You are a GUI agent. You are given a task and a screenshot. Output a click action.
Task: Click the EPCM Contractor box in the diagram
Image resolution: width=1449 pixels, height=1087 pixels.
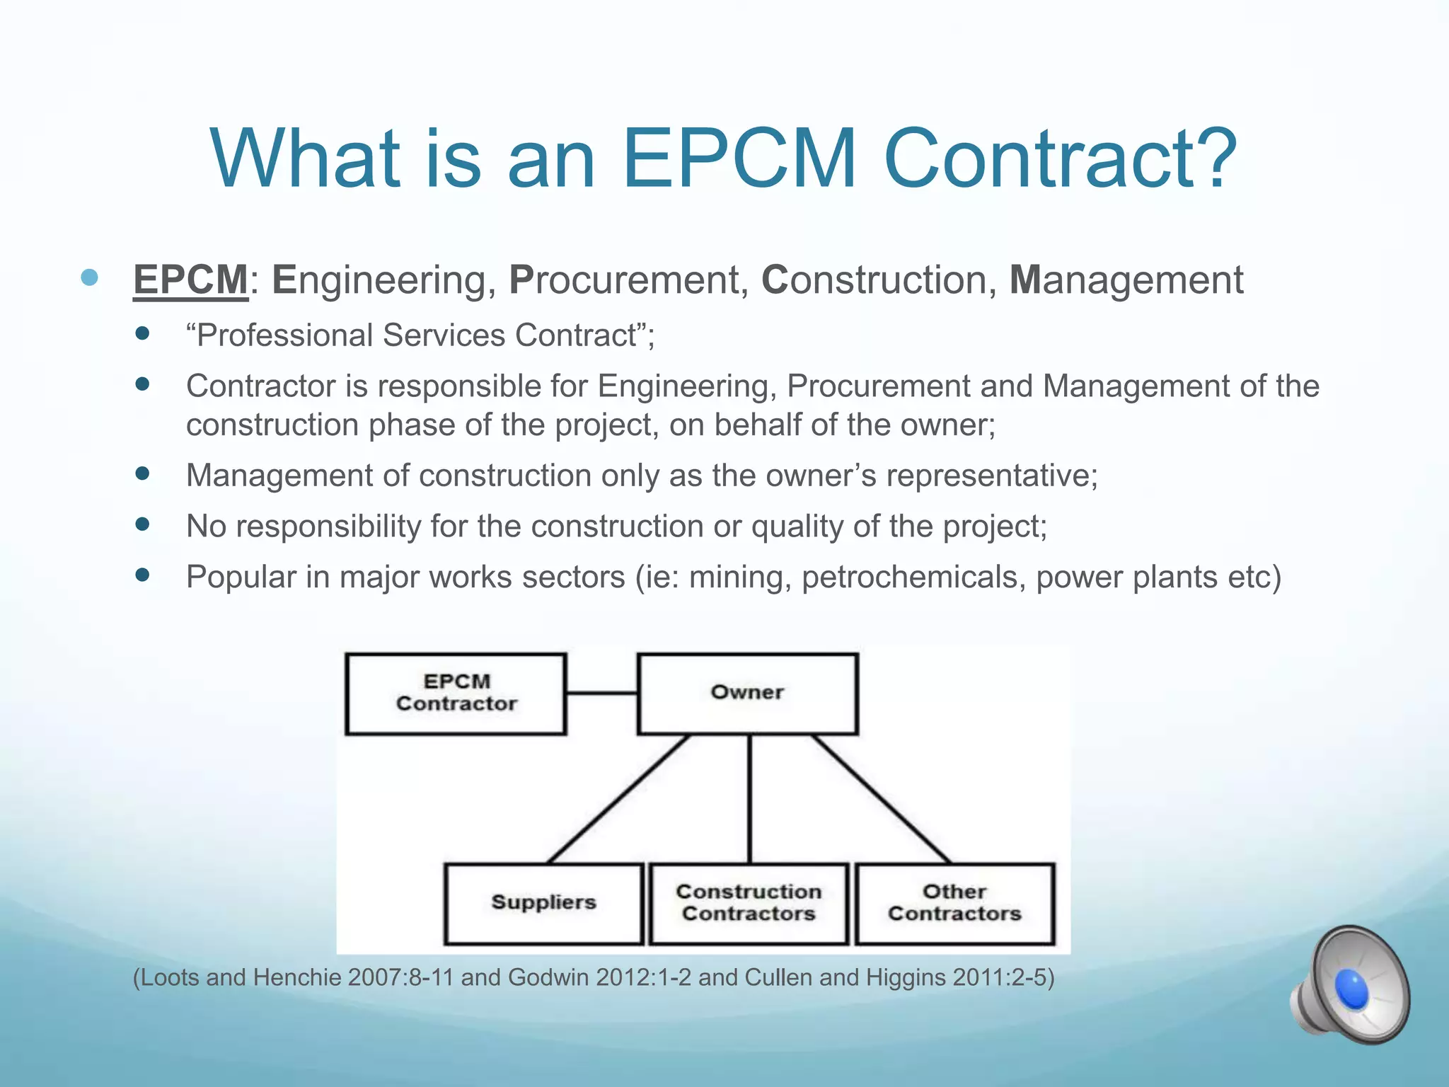[x=456, y=693]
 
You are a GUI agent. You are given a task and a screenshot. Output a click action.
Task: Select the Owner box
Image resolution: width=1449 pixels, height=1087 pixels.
[x=747, y=693]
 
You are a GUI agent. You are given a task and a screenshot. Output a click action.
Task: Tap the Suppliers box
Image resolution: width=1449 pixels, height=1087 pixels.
[x=543, y=903]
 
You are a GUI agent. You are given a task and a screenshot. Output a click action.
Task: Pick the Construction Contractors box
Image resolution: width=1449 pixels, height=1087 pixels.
[x=749, y=903]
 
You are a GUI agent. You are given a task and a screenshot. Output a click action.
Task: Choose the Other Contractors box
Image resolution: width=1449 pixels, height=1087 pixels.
[x=954, y=903]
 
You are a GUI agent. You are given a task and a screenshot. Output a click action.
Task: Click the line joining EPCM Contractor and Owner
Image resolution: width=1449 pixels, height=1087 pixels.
[x=601, y=693]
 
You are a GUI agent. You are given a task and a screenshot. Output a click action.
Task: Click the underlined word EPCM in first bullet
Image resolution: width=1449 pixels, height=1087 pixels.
[x=190, y=280]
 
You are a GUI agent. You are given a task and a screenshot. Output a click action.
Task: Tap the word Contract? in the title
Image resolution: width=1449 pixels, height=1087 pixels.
[x=1059, y=159]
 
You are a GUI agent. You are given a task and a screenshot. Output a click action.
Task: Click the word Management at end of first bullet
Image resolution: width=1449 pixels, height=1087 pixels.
[x=1126, y=280]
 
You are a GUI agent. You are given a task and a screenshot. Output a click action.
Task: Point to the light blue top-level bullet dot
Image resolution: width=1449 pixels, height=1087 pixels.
[x=89, y=277]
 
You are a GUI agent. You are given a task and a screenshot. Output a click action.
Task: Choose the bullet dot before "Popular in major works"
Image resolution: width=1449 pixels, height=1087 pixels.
[x=143, y=575]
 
